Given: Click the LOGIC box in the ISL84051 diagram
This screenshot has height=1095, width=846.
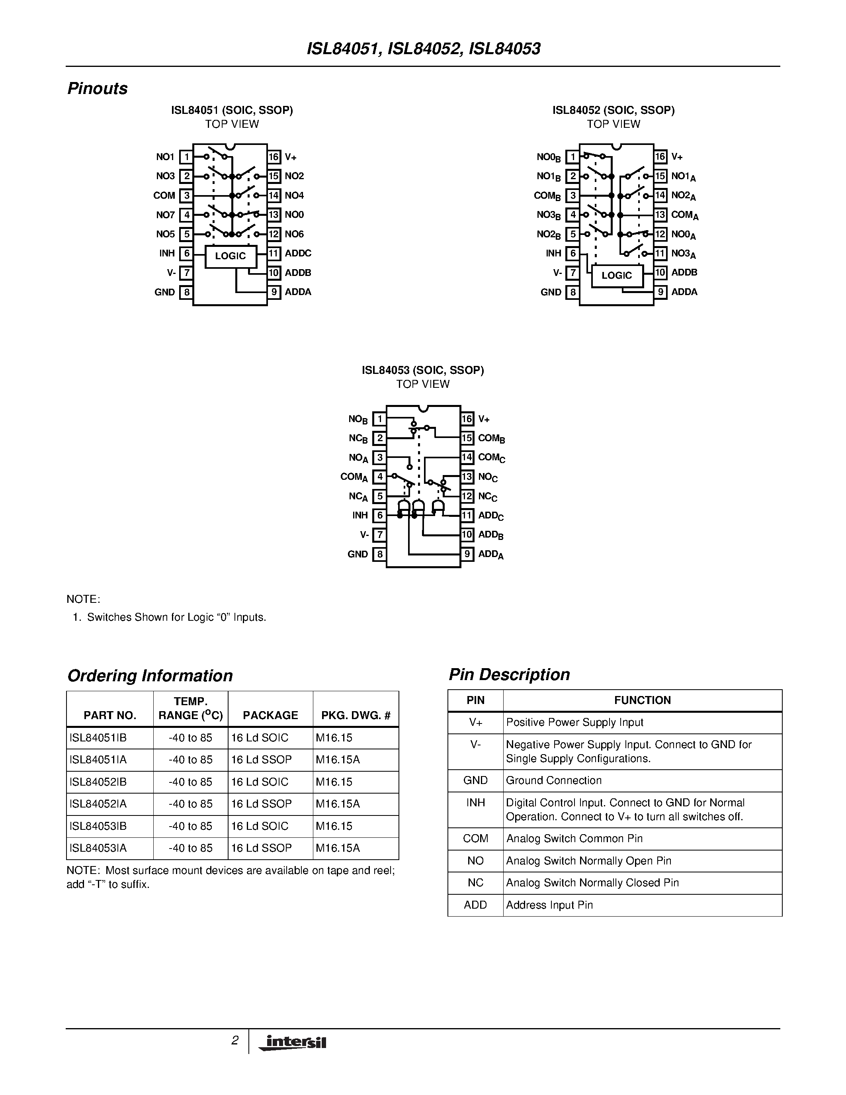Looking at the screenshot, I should click(231, 256).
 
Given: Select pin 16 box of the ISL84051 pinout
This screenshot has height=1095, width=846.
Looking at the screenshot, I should click(273, 157).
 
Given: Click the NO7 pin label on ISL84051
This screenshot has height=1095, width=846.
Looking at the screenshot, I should click(165, 215).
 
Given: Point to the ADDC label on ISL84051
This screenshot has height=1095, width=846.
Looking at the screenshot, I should click(298, 253).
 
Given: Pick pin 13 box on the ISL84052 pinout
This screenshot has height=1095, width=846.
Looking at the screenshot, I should click(660, 215).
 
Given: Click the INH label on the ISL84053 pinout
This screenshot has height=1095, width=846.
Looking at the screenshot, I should click(360, 515).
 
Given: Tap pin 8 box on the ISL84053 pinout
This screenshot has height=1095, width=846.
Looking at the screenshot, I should click(379, 554).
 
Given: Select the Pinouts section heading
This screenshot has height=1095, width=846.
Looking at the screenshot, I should click(97, 89).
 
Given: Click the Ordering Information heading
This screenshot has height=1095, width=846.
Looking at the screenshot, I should click(150, 676).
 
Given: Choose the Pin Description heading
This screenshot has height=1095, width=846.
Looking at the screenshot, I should click(509, 675).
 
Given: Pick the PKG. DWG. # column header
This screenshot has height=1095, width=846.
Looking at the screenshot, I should click(356, 716).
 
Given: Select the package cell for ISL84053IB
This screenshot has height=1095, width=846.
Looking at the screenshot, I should click(260, 826).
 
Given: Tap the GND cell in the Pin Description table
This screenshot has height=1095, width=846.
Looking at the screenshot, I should click(475, 781).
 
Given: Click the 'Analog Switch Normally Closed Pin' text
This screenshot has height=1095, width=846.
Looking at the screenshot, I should click(592, 883).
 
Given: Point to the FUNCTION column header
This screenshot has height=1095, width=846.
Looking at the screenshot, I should click(642, 700).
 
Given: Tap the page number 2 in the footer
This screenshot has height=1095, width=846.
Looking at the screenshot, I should click(234, 1041).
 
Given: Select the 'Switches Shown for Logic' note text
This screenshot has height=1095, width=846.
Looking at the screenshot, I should click(176, 618).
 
